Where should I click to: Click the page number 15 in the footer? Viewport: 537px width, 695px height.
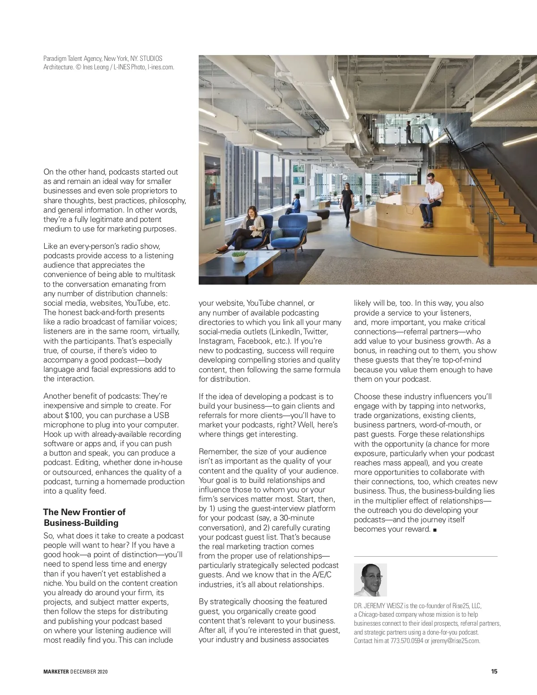[494, 671]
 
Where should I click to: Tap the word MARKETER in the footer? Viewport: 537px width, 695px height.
[56, 672]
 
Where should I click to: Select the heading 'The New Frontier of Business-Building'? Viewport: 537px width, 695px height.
[84, 517]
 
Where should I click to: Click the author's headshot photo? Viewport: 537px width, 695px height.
[370, 580]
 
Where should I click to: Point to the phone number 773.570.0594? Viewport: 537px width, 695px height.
[406, 641]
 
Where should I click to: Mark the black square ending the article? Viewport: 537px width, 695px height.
[435, 530]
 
